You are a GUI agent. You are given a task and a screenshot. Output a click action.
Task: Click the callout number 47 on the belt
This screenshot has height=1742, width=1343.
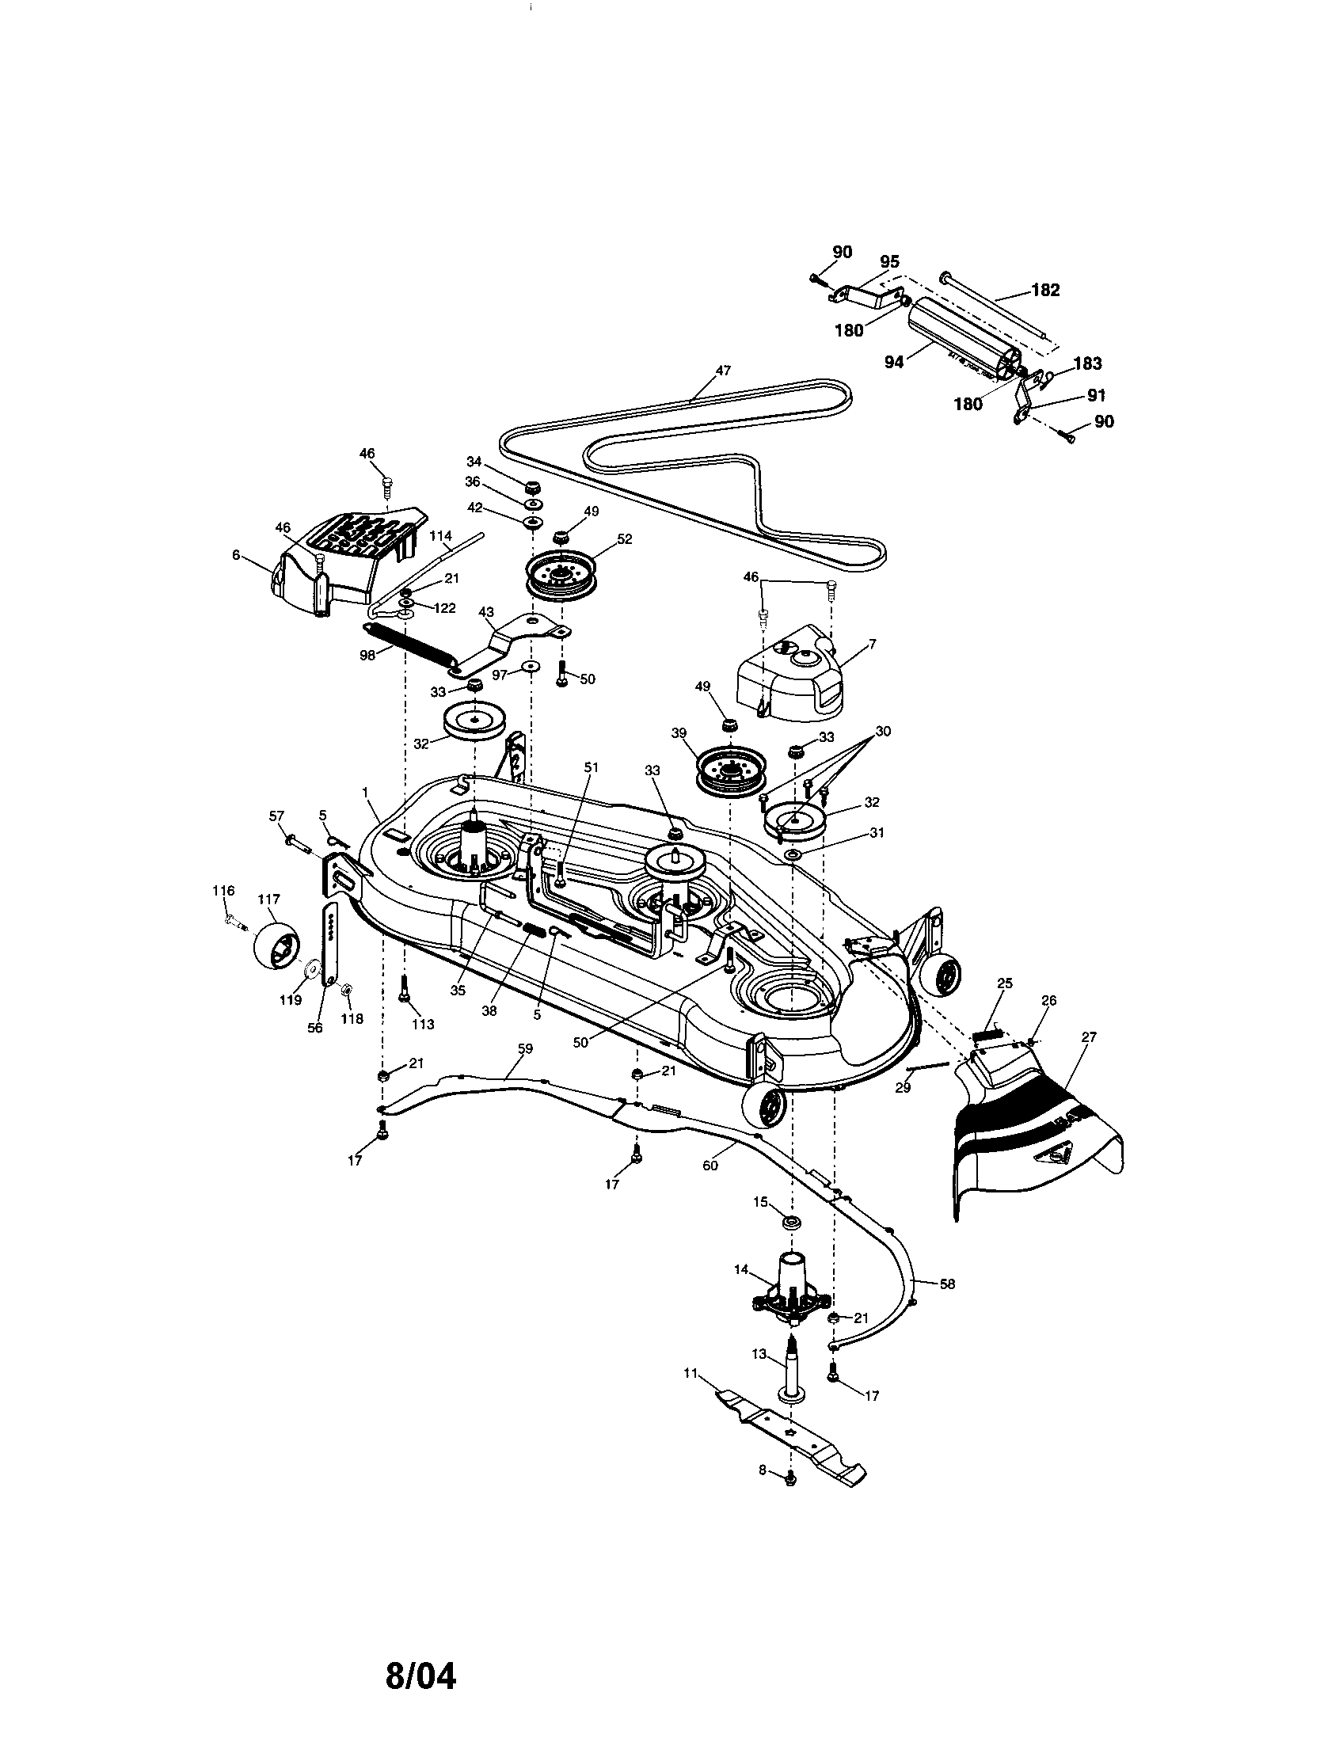pos(722,371)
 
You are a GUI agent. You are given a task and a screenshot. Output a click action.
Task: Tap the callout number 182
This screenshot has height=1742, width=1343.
pos(1044,290)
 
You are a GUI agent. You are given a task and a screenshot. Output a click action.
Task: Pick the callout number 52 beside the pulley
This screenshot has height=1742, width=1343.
pos(625,539)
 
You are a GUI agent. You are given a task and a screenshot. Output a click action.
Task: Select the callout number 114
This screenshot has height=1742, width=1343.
pos(440,536)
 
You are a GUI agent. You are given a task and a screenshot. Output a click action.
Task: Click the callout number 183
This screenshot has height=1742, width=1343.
pos(1088,363)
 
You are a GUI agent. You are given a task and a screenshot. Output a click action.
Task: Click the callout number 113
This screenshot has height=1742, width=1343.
pos(423,1024)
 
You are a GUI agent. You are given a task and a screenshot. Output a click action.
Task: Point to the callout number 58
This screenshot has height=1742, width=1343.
pos(946,1284)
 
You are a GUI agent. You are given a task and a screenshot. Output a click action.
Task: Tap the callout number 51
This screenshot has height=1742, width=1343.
pos(590,766)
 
